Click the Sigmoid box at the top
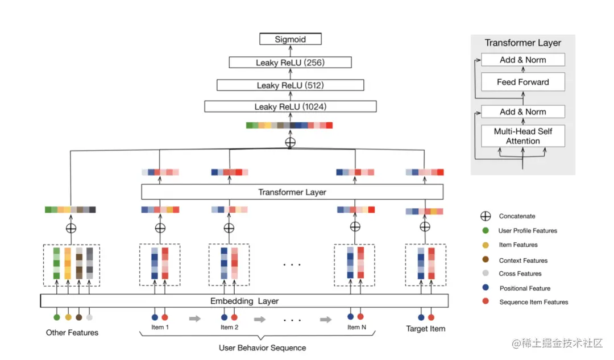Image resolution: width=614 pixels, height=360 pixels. point(290,39)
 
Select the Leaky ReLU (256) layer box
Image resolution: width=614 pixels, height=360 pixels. point(290,63)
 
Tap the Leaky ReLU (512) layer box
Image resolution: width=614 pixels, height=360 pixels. point(290,85)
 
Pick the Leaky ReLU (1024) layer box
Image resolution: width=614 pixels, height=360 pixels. point(290,106)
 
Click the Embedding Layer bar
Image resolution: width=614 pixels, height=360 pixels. point(244,301)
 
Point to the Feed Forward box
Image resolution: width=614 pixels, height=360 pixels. point(523,82)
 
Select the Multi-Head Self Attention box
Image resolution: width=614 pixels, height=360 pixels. point(523,136)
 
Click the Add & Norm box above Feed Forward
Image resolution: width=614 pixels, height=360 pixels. point(523,60)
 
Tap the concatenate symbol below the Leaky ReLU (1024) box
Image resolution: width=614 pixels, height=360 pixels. point(290,142)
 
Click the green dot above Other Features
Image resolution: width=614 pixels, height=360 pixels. point(57,317)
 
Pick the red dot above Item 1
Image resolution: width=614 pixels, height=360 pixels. point(165,317)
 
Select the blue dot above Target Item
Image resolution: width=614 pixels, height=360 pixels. point(421,317)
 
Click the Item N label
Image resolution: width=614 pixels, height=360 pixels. point(356,327)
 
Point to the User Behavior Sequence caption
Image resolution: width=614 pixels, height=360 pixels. point(262,348)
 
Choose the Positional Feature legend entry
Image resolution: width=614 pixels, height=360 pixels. point(516,288)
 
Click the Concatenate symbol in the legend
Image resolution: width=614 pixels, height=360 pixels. point(486,216)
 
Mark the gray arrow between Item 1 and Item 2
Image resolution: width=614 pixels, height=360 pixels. point(194,319)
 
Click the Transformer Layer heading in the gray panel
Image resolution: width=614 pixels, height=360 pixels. point(523,43)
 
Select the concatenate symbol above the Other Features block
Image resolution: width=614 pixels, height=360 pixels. point(71,229)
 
